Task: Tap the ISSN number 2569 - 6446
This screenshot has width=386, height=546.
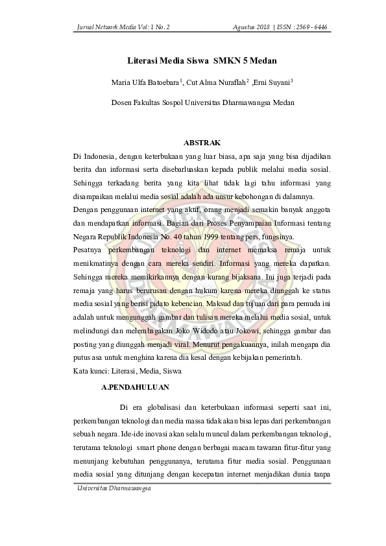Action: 307,28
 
